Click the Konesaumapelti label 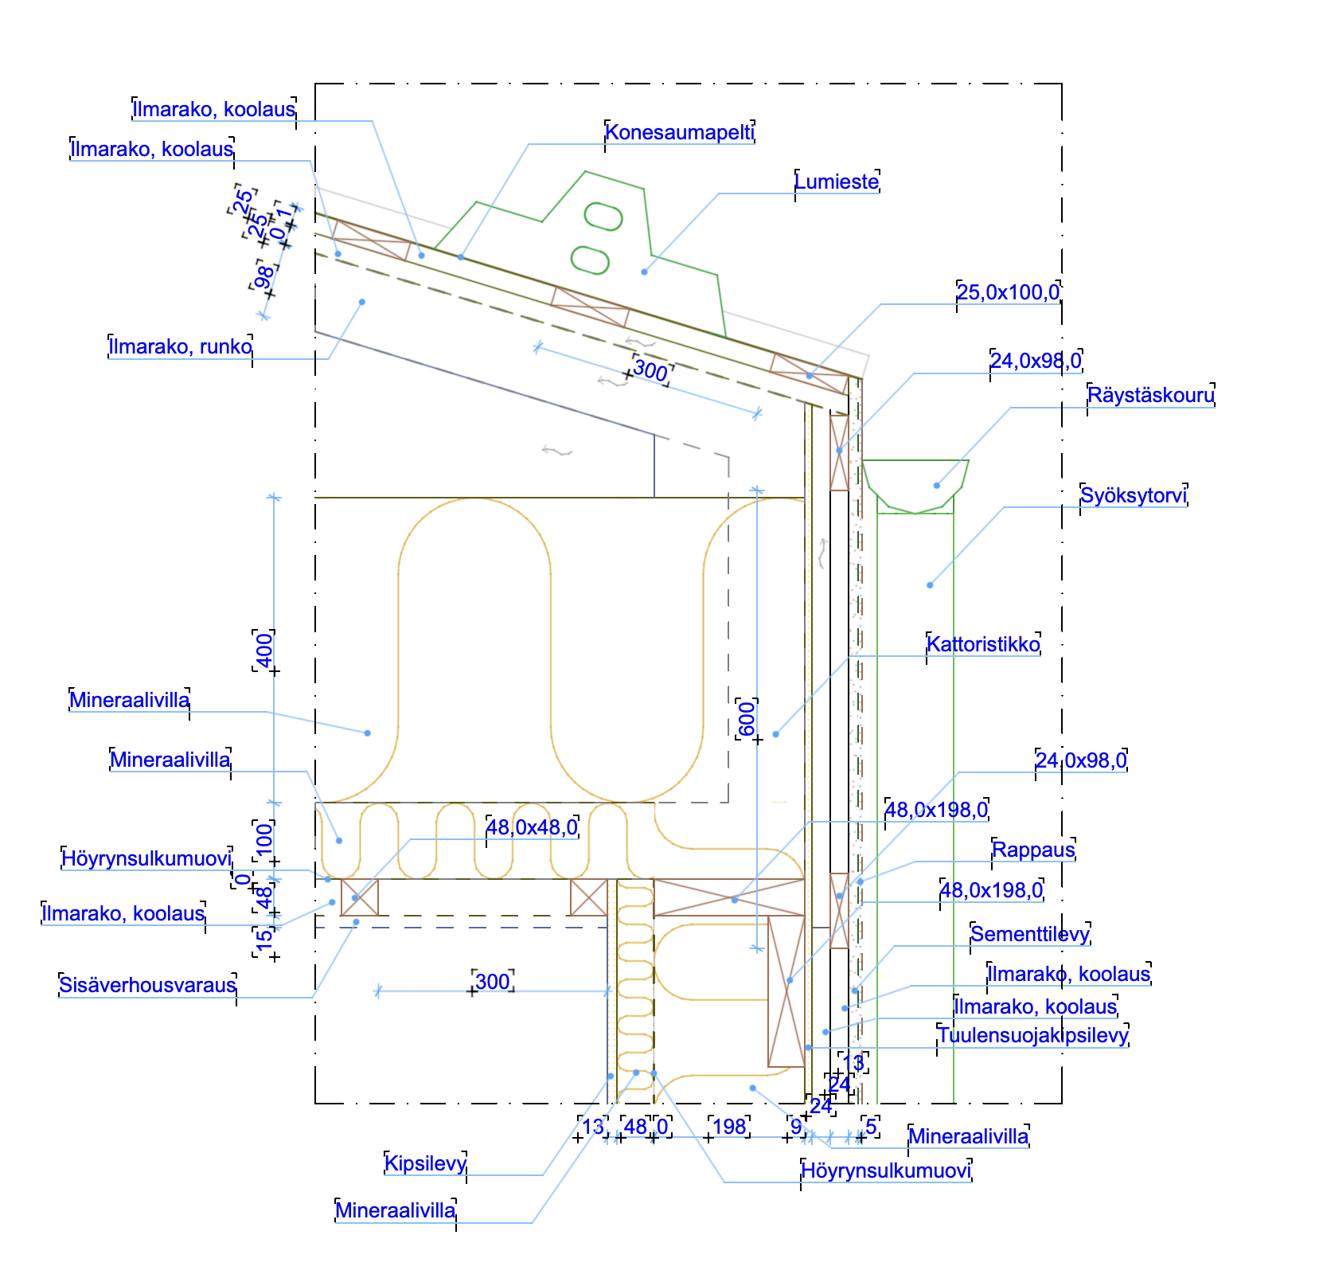(679, 132)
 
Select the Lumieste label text (837, 182)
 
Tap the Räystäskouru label (1151, 396)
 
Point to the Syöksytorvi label (1134, 496)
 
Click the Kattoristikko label (983, 644)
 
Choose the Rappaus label (1033, 850)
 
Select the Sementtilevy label (1030, 934)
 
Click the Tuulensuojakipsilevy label (1033, 1036)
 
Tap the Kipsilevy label (425, 1164)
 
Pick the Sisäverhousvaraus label (148, 986)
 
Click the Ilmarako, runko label (181, 347)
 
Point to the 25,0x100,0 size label (1008, 293)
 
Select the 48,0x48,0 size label (532, 828)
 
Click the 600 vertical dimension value (747, 720)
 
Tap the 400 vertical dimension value (265, 650)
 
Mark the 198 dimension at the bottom (729, 1127)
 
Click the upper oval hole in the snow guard (603, 216)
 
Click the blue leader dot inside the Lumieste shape (644, 272)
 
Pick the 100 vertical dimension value (264, 838)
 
